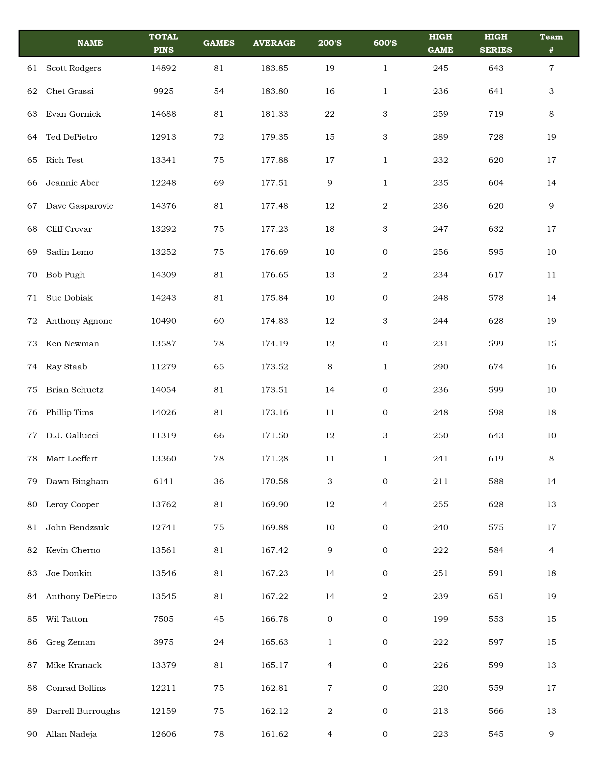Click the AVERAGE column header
pos(274,43)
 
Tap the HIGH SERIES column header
pos(496,43)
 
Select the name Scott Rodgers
pos(73,68)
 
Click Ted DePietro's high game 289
pos(440,137)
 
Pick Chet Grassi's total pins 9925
pos(164,91)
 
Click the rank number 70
pos(32,275)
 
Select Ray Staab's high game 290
pos(440,367)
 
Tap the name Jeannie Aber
pos(72,183)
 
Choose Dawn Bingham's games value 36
pos(219,482)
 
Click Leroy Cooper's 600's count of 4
pos(385,504)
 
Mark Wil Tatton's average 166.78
pos(274,619)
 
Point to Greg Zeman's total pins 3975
pos(164,643)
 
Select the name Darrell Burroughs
pos(83,711)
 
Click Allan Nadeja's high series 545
pos(496,734)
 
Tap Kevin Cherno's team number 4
pos(551,550)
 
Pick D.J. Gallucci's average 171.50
pos(274,436)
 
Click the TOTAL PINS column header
pos(164,43)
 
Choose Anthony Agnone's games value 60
pos(219,321)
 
